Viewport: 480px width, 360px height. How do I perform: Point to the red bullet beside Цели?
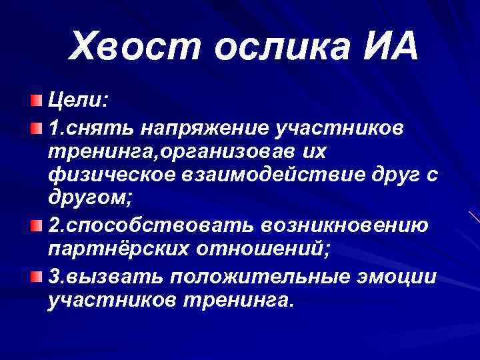(35, 101)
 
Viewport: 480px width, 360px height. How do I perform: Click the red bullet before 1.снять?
(35, 126)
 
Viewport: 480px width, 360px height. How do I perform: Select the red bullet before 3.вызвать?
(35, 275)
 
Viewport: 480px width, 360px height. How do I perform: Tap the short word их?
(313, 151)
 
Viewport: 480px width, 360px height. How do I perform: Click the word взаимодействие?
(269, 177)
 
